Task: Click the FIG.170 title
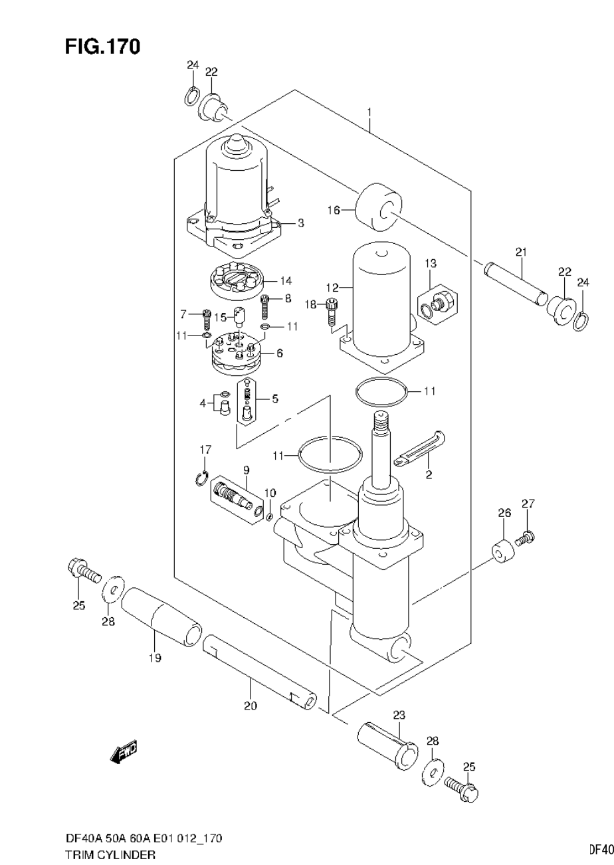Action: click(103, 47)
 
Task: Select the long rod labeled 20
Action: click(258, 670)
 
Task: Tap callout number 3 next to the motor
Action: click(300, 223)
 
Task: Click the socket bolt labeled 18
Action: click(332, 311)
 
